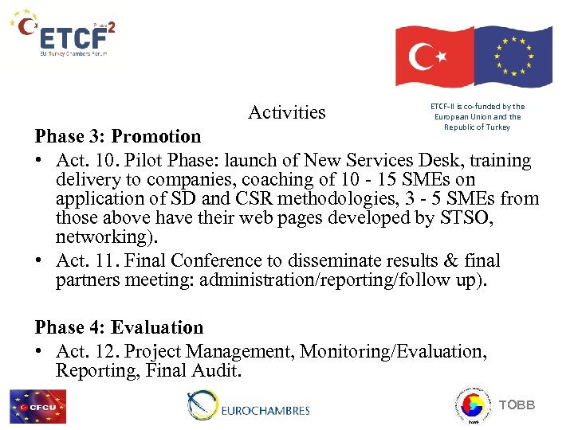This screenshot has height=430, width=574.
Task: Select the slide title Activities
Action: (x=286, y=112)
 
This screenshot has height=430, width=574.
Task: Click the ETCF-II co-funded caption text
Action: (x=477, y=116)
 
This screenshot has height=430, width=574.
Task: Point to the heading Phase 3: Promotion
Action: (x=118, y=137)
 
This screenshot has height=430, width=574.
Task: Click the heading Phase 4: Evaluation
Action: (x=119, y=327)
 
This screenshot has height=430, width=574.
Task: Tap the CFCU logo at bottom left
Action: (x=37, y=406)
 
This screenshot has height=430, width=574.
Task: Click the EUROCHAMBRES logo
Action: (x=248, y=406)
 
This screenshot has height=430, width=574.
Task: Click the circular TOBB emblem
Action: (x=471, y=405)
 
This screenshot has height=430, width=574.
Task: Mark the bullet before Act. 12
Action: (x=39, y=352)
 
